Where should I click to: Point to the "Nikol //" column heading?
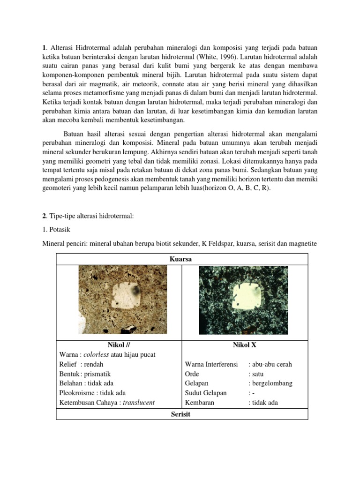[x=118, y=345]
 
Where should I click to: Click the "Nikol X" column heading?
[x=244, y=345]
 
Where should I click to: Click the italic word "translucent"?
[x=139, y=403]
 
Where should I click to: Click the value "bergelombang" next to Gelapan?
[x=272, y=383]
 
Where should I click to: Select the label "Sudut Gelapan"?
[x=206, y=393]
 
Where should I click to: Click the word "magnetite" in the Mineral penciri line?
[x=301, y=244]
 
